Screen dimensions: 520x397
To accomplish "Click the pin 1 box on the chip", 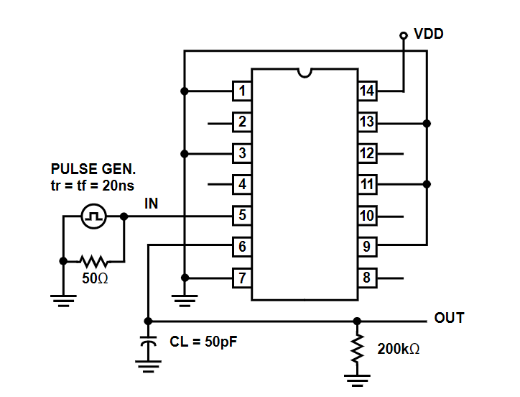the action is pyautogui.click(x=242, y=91).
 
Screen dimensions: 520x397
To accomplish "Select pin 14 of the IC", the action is pyautogui.click(x=368, y=91).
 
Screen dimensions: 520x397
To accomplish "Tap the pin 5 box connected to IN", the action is pyautogui.click(x=242, y=216).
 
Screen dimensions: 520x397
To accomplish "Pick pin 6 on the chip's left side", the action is pyautogui.click(x=242, y=247).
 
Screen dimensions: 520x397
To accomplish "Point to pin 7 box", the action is pyautogui.click(x=242, y=278).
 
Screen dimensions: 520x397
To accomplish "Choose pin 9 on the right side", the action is pyautogui.click(x=368, y=247).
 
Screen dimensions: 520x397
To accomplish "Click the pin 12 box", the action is pyautogui.click(x=368, y=153).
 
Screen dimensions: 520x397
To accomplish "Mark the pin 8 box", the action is pyautogui.click(x=368, y=278).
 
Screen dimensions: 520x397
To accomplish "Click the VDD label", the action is pyautogui.click(x=429, y=34).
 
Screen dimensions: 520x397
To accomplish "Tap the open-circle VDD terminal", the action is pyautogui.click(x=403, y=35).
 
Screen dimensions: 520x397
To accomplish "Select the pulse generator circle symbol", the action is pyautogui.click(x=94, y=216).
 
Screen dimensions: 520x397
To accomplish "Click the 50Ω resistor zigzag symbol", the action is pyautogui.click(x=94, y=262).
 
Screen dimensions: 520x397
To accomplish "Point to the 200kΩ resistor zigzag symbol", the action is pyautogui.click(x=357, y=348).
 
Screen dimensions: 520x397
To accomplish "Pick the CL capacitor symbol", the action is pyautogui.click(x=148, y=342).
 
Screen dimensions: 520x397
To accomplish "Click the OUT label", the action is pyautogui.click(x=450, y=318).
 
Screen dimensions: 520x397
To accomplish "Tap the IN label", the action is pyautogui.click(x=152, y=204).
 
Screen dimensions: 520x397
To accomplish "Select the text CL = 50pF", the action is pyautogui.click(x=203, y=342).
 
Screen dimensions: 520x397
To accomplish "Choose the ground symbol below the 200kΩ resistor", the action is pyautogui.click(x=357, y=380).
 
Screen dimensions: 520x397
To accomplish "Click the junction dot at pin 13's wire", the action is pyautogui.click(x=427, y=124).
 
